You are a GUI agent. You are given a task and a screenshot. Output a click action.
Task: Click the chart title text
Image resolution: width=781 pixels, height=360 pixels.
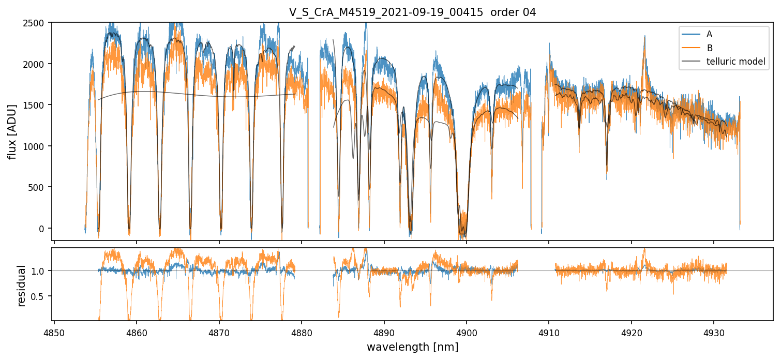[x=412, y=12]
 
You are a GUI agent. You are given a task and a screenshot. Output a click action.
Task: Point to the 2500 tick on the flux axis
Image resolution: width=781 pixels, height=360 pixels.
[x=34, y=23]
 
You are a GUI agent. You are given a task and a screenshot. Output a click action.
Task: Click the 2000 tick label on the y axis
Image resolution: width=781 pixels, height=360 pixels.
[x=34, y=65]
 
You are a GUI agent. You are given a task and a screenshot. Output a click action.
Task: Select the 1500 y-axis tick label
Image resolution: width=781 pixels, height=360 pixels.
[x=34, y=106]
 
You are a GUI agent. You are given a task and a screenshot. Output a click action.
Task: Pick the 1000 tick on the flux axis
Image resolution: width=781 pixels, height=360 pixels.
[x=34, y=146]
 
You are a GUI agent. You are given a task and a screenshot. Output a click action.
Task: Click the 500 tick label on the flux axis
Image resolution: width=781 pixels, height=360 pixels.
[x=36, y=188]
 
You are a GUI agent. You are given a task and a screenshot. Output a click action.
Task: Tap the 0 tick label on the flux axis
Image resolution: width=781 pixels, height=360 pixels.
[x=41, y=229]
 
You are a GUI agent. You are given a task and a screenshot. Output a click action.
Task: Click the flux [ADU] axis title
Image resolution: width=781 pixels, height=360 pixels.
[x=12, y=132]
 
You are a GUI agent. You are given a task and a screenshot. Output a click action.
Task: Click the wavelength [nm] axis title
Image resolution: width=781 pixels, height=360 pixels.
[x=412, y=347]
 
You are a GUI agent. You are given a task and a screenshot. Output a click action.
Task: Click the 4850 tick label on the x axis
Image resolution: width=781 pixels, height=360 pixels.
[x=54, y=333]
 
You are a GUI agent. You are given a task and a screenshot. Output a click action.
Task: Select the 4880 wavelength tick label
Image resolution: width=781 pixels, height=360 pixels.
[x=302, y=333]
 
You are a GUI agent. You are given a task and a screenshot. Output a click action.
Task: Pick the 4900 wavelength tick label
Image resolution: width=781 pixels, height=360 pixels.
[x=467, y=333]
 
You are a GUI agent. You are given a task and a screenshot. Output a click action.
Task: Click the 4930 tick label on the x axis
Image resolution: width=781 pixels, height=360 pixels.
[x=714, y=333]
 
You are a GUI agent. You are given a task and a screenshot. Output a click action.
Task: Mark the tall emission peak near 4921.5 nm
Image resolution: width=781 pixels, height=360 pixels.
[x=644, y=36]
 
